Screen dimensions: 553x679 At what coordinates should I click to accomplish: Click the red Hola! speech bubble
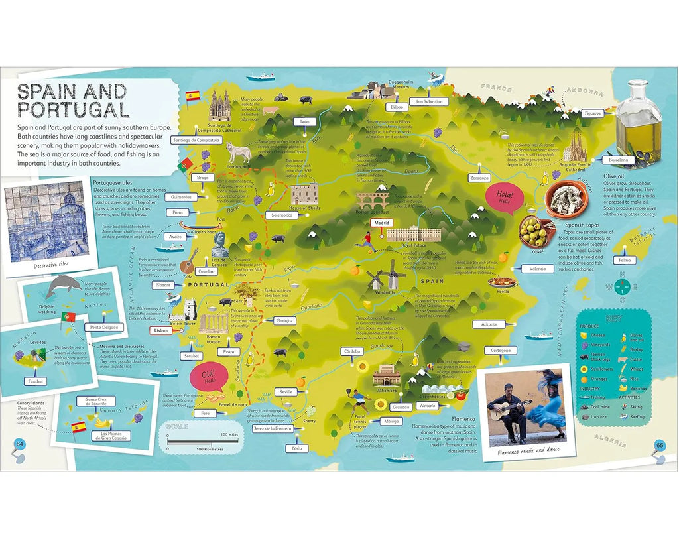point(504,199)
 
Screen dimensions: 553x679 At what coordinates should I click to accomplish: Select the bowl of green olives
point(534,231)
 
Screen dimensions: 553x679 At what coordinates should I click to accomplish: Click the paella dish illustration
point(503,281)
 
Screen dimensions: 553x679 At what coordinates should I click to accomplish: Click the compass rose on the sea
point(621,286)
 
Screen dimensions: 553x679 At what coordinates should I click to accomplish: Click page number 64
point(19,444)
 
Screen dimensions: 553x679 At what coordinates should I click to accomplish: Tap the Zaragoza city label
point(479,178)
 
